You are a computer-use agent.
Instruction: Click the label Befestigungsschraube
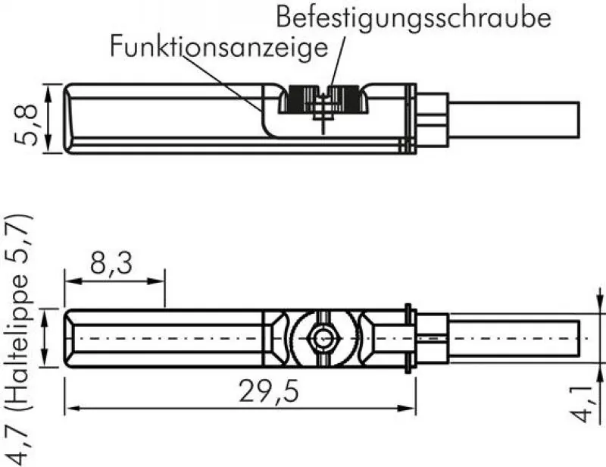pos(413,17)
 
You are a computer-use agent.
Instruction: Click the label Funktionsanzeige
pos(220,47)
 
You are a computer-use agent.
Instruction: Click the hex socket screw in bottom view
pos(324,338)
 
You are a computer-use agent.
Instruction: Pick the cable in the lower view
pos(515,338)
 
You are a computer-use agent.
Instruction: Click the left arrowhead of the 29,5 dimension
pos(70,409)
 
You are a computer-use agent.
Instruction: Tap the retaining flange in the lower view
pos(410,338)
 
